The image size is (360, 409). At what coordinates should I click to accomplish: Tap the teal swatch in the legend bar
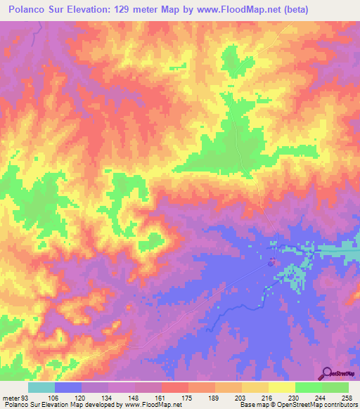[x=41, y=387]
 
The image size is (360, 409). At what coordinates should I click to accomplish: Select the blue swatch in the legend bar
[x=67, y=387]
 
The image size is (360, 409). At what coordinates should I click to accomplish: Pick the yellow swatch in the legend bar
[x=281, y=387]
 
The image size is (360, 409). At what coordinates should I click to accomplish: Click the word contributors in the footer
[x=338, y=405]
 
